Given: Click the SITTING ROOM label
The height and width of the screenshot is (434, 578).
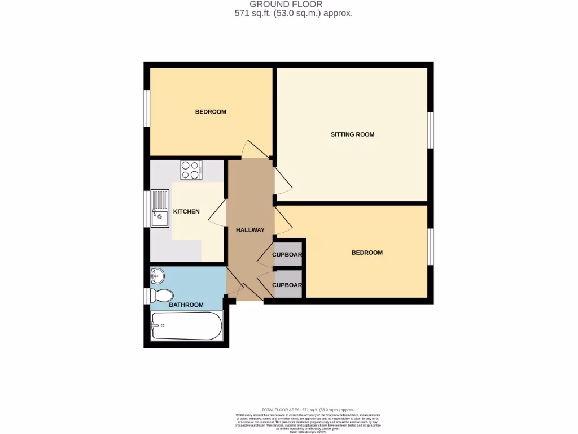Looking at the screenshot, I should pyautogui.click(x=352, y=134).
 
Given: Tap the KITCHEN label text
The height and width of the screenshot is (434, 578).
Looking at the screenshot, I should pyautogui.click(x=186, y=211).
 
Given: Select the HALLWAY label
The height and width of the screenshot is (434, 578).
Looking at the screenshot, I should pyautogui.click(x=250, y=230).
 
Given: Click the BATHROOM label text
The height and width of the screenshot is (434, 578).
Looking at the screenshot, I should pyautogui.click(x=186, y=305).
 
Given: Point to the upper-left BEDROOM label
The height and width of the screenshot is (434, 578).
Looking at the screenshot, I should pyautogui.click(x=211, y=112).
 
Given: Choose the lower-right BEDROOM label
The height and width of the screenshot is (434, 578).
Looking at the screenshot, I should pyautogui.click(x=367, y=253).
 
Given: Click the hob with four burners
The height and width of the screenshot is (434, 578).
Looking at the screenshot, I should pyautogui.click(x=191, y=170).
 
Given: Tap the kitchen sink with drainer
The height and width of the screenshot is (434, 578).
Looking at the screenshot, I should pyautogui.click(x=159, y=208).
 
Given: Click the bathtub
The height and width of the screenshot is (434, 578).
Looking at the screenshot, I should pyautogui.click(x=186, y=326).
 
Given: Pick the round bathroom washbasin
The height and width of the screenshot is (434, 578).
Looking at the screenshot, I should pyautogui.click(x=158, y=276).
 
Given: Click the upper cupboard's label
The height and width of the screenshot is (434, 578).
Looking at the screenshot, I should pyautogui.click(x=287, y=255).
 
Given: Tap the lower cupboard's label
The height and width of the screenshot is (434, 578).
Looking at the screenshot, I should pyautogui.click(x=287, y=285).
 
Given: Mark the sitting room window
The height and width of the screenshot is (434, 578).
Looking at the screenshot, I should pyautogui.click(x=430, y=130).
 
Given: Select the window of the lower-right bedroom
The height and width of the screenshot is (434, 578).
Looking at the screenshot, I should pyautogui.click(x=430, y=246).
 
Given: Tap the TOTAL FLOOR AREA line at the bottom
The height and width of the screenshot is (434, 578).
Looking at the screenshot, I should pyautogui.click(x=308, y=409).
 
